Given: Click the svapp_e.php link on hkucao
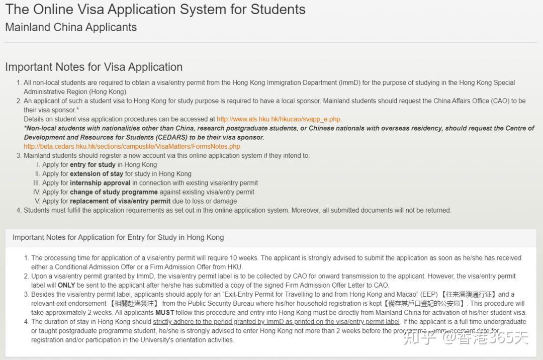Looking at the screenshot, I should pyautogui.click(x=279, y=119).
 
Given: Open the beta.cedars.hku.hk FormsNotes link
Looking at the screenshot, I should pyautogui.click(x=132, y=146).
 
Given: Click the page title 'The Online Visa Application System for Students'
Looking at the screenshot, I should pyautogui.click(x=155, y=10).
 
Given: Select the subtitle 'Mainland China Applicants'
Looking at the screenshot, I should pyautogui.click(x=71, y=27).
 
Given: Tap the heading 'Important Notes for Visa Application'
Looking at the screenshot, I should pyautogui.click(x=94, y=67).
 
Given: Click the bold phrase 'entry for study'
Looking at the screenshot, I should pyautogui.click(x=93, y=164).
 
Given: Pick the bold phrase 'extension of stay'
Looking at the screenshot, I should pyautogui.click(x=97, y=173).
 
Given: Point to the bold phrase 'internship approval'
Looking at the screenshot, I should pyautogui.click(x=100, y=183).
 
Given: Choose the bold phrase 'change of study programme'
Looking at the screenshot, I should pyautogui.click(x=114, y=192).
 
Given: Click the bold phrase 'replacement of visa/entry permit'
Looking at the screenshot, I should pyautogui.click(x=120, y=201).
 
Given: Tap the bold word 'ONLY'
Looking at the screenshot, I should pyautogui.click(x=66, y=285).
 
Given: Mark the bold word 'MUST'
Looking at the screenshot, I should pyautogui.click(x=165, y=312).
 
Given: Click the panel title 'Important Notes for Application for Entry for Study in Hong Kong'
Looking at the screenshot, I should pyautogui.click(x=118, y=237).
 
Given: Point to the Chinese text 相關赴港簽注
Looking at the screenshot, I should pyautogui.click(x=134, y=303).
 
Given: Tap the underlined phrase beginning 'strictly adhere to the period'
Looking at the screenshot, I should pyautogui.click(x=276, y=321).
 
